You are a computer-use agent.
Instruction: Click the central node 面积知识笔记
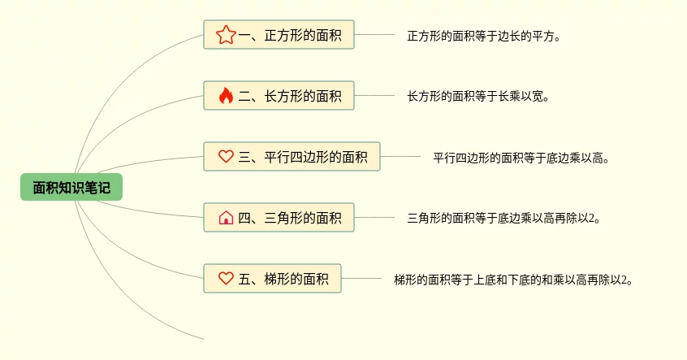tap(71, 187)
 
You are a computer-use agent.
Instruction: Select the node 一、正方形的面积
tap(279, 35)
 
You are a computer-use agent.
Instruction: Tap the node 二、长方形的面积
tap(279, 96)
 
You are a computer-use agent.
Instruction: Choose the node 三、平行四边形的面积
tap(292, 157)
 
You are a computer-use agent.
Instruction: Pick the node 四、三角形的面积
tap(279, 218)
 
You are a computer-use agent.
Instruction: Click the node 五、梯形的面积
tap(272, 279)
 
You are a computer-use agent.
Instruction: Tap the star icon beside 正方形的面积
tap(226, 35)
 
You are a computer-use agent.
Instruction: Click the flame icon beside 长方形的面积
tap(226, 96)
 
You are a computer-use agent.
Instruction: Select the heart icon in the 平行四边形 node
tap(226, 157)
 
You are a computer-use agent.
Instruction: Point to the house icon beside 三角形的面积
tap(226, 218)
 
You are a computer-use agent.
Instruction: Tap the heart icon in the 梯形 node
tap(226, 279)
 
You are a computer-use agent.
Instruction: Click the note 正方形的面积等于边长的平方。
tap(485, 36)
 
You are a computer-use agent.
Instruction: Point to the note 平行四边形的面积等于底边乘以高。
tap(521, 158)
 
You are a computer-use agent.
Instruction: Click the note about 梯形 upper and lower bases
tap(513, 280)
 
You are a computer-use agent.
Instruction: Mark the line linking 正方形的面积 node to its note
tap(374, 35)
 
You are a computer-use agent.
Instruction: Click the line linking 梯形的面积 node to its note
tap(361, 279)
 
